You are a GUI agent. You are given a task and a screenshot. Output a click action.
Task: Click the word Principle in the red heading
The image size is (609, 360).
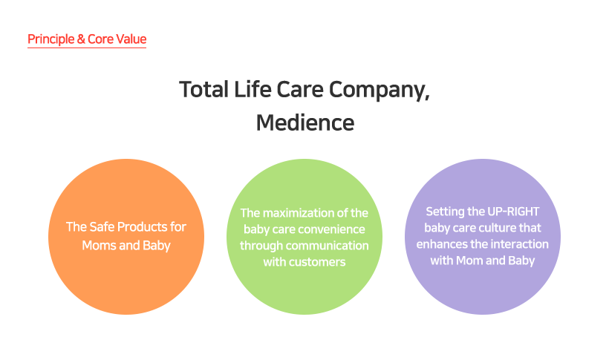[x=51, y=39]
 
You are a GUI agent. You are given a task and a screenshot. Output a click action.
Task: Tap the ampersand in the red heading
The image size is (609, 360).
[x=81, y=39]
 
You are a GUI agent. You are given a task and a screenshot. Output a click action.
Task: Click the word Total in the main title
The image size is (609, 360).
[x=204, y=89]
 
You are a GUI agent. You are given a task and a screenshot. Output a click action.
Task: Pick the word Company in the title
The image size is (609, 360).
[x=379, y=91]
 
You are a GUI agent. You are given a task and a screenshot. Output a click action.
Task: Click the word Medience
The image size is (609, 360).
[x=305, y=122]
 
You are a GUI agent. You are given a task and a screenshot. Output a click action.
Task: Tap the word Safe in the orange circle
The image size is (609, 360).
[x=101, y=227]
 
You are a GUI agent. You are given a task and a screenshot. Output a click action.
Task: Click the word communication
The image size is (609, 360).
[x=328, y=246]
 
